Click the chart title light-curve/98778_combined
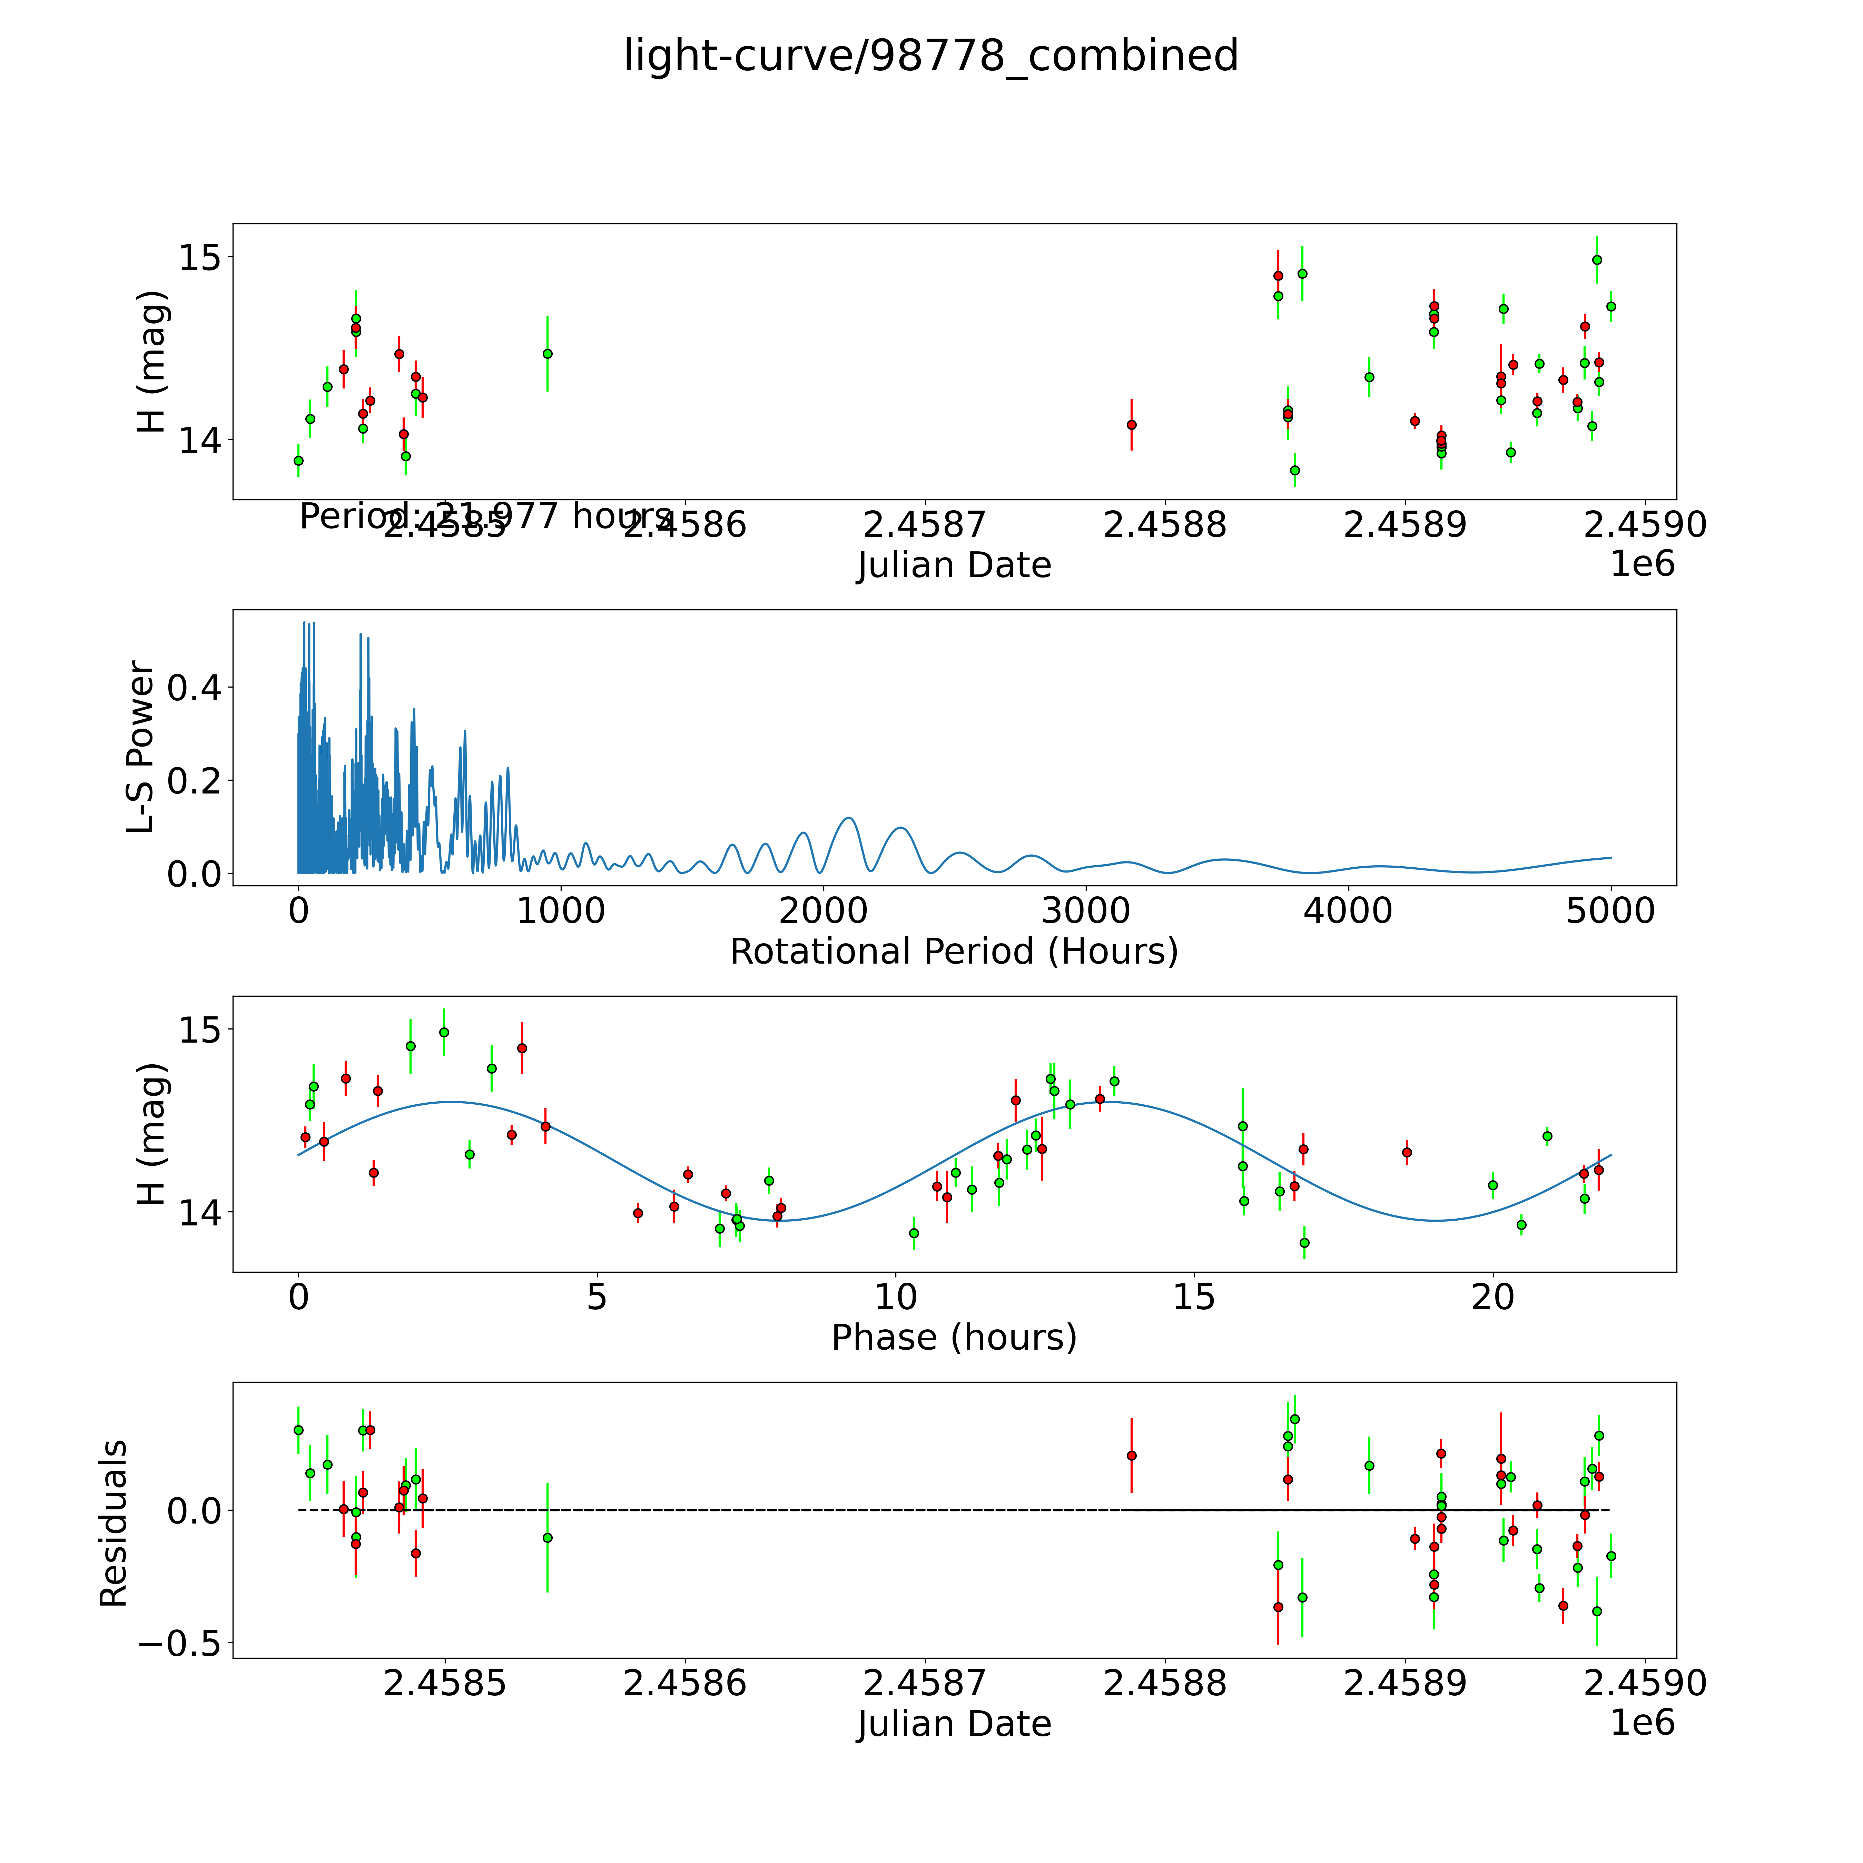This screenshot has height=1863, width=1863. [930, 56]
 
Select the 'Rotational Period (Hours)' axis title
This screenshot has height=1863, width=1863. [954, 952]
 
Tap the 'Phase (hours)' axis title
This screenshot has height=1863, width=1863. [954, 1338]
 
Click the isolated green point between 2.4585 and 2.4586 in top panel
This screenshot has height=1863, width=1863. [547, 354]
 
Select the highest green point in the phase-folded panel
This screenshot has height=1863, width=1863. [444, 1032]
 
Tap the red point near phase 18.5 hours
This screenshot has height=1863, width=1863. [1407, 1152]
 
